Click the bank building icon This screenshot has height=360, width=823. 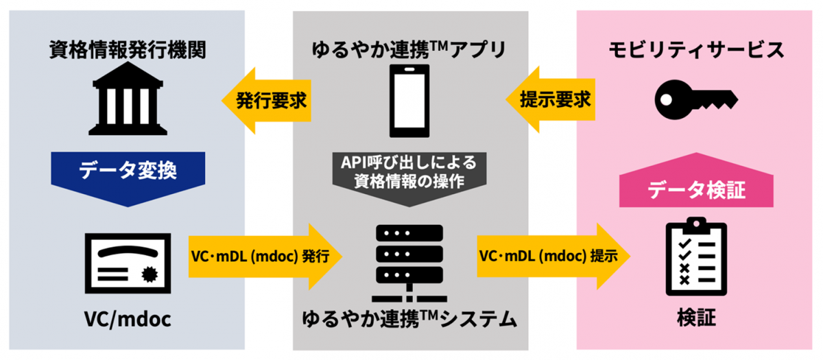(x=128, y=101)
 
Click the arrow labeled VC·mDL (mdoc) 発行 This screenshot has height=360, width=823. (x=264, y=257)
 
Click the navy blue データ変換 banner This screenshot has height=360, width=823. (x=128, y=171)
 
